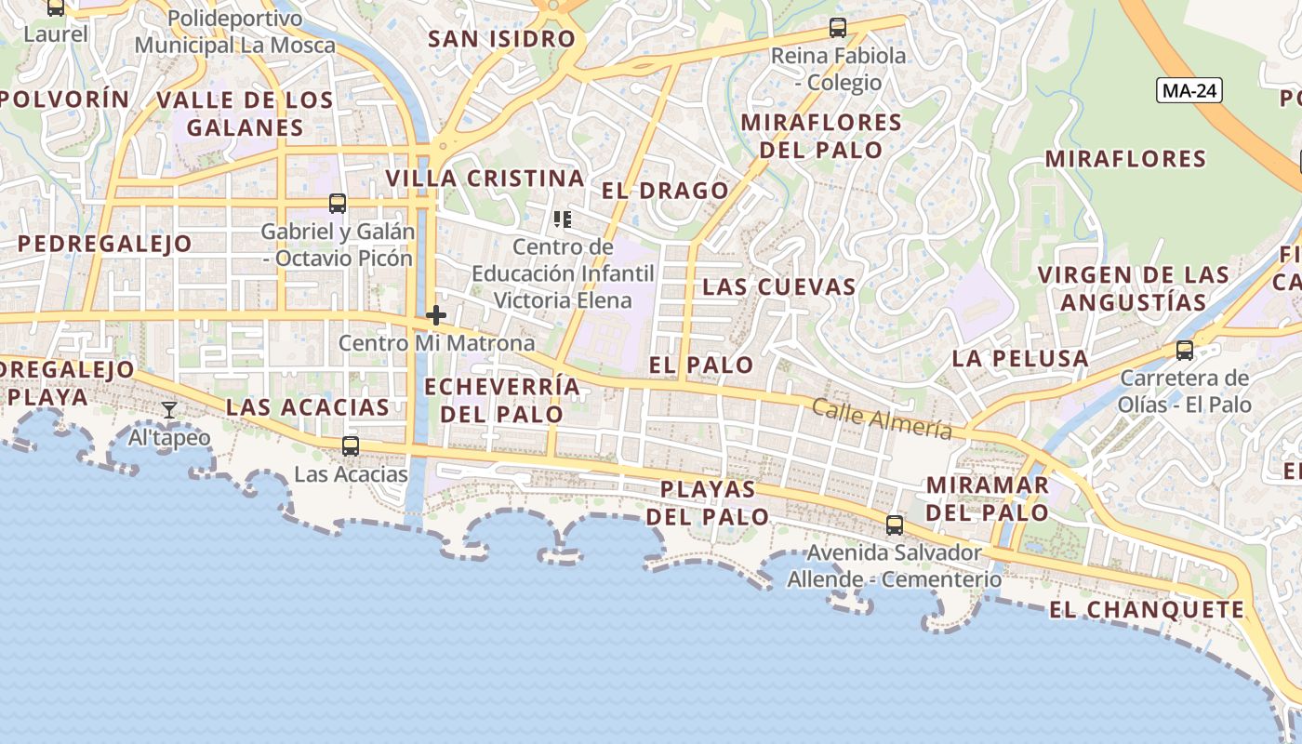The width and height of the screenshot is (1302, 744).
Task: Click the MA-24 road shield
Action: pyautogui.click(x=1189, y=90)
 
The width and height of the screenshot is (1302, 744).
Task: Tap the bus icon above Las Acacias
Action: pyautogui.click(x=351, y=445)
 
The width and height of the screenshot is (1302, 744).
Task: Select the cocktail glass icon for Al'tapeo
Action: pyautogui.click(x=168, y=409)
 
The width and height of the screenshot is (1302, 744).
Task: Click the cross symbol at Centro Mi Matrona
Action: pyautogui.click(x=435, y=315)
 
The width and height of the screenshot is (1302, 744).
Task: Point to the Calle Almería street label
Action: pyautogui.click(x=882, y=418)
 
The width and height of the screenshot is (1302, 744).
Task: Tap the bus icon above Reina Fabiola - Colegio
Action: pyautogui.click(x=838, y=28)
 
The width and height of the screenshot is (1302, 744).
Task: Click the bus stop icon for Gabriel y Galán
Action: pyautogui.click(x=338, y=203)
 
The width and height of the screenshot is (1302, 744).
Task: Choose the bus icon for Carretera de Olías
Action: pyautogui.click(x=1185, y=350)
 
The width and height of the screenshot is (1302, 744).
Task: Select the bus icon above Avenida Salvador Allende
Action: pyautogui.click(x=895, y=525)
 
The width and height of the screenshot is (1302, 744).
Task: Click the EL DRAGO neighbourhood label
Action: pyautogui.click(x=665, y=191)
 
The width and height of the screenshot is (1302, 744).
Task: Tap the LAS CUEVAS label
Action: pyautogui.click(x=778, y=286)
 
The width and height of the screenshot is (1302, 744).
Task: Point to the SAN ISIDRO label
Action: pyautogui.click(x=501, y=39)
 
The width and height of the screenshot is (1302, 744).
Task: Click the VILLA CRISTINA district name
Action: pyautogui.click(x=485, y=179)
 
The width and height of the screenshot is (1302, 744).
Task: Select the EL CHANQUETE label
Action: pyautogui.click(x=1147, y=610)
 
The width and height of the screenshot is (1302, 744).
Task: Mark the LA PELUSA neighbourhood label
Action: pyautogui.click(x=1020, y=358)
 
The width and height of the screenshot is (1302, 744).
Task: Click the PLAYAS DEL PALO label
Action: pyautogui.click(x=708, y=502)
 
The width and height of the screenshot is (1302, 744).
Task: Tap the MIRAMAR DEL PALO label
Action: pyautogui.click(x=988, y=498)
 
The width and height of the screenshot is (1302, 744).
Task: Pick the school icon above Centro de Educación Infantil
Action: pyautogui.click(x=562, y=219)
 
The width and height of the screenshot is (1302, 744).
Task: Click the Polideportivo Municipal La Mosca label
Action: pyautogui.click(x=235, y=32)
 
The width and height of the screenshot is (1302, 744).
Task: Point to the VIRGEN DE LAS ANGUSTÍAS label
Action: pyautogui.click(x=1134, y=288)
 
